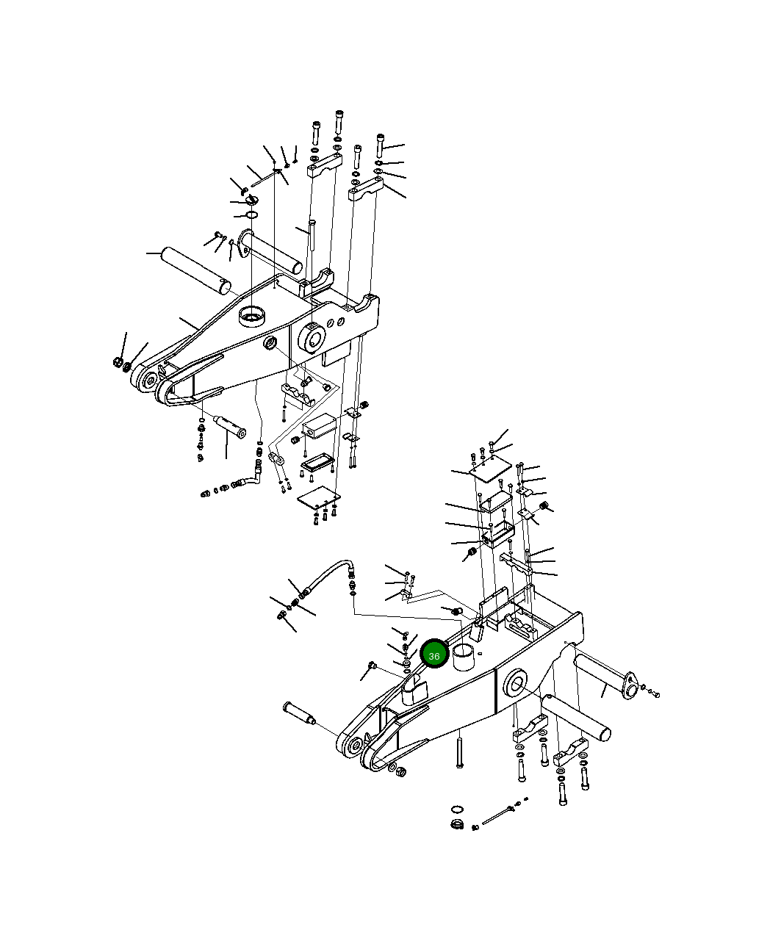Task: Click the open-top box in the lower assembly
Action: [x=497, y=535]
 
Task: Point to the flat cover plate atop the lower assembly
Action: [x=490, y=468]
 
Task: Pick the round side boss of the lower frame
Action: [x=515, y=686]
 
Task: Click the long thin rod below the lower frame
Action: [x=497, y=816]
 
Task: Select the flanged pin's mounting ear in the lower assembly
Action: [x=630, y=686]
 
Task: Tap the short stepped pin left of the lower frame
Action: [x=299, y=713]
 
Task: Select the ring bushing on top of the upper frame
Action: [x=252, y=316]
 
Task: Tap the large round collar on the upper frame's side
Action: [x=312, y=338]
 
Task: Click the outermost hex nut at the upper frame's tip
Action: [x=118, y=362]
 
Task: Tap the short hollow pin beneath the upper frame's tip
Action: [x=231, y=427]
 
